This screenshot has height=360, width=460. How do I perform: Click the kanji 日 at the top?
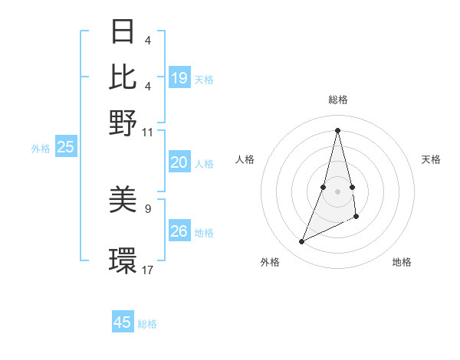(x=123, y=32)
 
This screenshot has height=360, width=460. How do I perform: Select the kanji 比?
(x=123, y=77)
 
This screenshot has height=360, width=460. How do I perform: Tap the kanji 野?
(x=123, y=122)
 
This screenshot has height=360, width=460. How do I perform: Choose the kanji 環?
(x=123, y=260)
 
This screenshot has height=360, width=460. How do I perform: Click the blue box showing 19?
(x=179, y=78)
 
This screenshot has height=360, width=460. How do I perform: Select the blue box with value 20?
(x=179, y=162)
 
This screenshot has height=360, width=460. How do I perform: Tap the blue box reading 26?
(x=179, y=231)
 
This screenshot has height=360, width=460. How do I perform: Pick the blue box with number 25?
(x=65, y=148)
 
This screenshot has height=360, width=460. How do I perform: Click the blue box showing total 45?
(x=123, y=322)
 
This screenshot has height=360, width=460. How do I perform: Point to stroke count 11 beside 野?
(x=148, y=131)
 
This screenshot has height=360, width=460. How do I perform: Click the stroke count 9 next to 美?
(x=148, y=206)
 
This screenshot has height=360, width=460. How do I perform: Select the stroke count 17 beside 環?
(x=148, y=269)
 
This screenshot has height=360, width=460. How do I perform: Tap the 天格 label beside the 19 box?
(x=204, y=79)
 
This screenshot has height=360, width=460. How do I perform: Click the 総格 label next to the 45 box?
(x=147, y=324)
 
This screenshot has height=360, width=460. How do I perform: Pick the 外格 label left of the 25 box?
(x=40, y=149)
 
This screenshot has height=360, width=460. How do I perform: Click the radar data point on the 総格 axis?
(x=337, y=129)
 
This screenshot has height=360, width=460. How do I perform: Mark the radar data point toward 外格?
(x=302, y=242)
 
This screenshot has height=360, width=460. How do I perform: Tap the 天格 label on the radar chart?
(x=431, y=159)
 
